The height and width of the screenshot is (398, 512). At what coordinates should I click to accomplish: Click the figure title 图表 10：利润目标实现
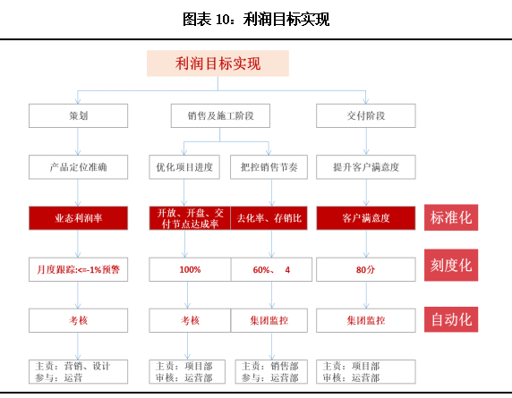256,19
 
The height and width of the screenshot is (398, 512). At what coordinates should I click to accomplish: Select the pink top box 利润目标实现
218,64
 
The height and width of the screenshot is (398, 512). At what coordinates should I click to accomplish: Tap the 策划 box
79,115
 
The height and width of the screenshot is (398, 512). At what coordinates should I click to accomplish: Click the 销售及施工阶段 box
220,115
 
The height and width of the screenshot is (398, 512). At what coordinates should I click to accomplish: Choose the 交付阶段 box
366,115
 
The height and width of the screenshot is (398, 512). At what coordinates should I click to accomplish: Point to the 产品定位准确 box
79,167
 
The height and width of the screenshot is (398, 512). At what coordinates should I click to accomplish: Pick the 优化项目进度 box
184,167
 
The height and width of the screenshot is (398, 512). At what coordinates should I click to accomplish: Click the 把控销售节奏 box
269,167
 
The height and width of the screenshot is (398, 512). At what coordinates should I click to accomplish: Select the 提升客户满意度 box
366,167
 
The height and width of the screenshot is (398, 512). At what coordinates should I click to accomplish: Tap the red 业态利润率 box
79,218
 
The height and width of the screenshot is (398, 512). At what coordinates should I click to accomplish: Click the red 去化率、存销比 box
269,218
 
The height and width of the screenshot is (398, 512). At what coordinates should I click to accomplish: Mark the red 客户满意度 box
366,218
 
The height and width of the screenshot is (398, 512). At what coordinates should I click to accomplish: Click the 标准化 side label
451,217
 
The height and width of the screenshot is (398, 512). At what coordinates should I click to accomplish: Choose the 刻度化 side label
451,266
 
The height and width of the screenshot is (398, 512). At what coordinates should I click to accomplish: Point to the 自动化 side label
451,319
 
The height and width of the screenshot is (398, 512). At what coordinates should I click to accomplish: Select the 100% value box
190,269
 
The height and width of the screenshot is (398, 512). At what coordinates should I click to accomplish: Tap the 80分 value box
366,269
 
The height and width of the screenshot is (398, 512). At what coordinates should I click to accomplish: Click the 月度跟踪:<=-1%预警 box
79,269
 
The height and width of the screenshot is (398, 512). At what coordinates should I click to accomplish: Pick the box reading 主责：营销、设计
79,372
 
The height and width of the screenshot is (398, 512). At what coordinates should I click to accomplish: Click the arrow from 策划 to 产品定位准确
78,141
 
